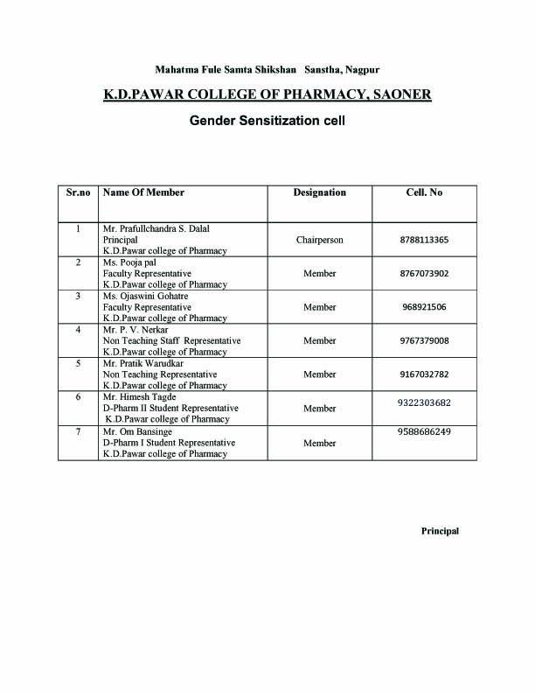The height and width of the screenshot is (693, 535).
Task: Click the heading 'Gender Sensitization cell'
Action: [x=267, y=121]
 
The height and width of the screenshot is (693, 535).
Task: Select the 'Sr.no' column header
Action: [x=79, y=192]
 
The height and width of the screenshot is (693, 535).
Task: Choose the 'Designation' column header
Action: [x=319, y=192]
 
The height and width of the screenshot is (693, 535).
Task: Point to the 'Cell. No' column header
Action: [x=424, y=192]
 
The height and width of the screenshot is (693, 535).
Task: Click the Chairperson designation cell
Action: [x=319, y=239]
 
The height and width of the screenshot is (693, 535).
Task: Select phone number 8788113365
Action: [x=424, y=239]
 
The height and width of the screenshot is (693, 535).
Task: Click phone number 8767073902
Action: [x=424, y=273]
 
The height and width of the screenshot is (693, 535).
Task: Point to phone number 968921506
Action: [x=424, y=307]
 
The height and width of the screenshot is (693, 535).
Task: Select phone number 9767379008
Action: [x=424, y=340]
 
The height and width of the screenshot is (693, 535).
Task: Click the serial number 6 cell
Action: [x=79, y=397]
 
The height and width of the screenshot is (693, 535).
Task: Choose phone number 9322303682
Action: [x=424, y=402]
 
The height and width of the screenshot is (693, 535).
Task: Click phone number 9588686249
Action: [x=424, y=431]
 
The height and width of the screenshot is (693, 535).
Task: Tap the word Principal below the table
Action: [x=440, y=531]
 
